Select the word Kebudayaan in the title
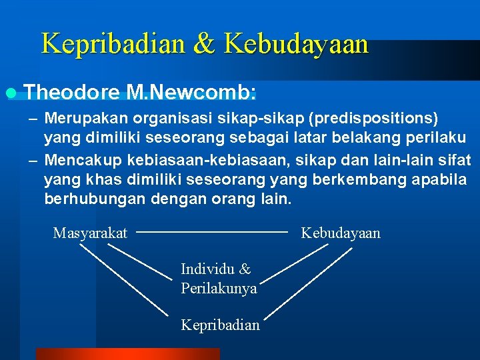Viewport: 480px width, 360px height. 297,44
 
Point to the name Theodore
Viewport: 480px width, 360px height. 71,91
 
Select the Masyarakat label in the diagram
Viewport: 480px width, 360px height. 90,233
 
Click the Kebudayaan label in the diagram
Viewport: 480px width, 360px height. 341,233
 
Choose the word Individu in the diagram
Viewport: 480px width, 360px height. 207,269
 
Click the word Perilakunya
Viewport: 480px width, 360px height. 219,289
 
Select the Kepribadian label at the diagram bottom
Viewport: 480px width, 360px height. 220,325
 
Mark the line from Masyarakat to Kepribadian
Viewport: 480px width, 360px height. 123,280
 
